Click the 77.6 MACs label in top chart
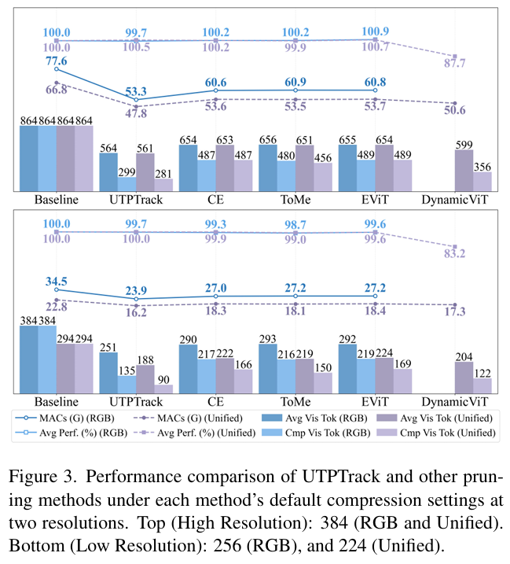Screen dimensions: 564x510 56,61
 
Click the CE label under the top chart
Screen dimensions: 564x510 216,199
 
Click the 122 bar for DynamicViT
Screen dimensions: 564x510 482,385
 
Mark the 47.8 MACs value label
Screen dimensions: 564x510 136,113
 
